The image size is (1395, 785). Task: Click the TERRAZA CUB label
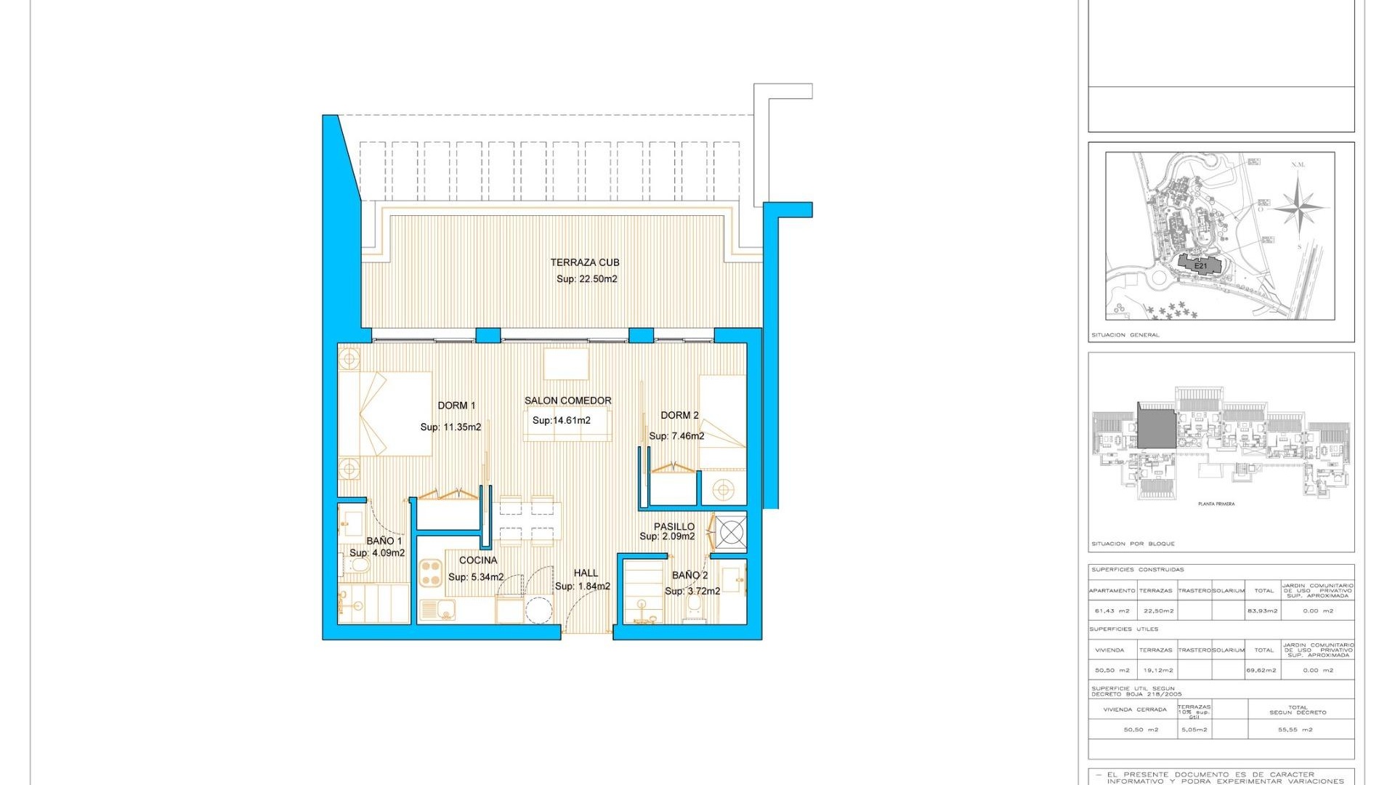coord(584,262)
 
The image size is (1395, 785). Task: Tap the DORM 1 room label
coord(456,406)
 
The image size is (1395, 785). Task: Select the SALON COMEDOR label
coord(567,400)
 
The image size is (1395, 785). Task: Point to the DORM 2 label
coord(679,415)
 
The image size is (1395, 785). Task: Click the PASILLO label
coord(674,526)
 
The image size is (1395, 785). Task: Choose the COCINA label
coord(478,560)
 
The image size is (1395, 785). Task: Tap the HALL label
coord(586,573)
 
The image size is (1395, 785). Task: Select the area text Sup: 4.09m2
coord(377,553)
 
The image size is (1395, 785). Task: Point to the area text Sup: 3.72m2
coord(692,591)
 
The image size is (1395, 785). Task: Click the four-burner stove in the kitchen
coord(432,572)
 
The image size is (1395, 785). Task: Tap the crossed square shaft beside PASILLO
coord(731,533)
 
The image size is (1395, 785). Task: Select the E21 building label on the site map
coord(1200,266)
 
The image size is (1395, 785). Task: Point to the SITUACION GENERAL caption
coord(1125,335)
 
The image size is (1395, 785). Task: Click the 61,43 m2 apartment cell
coord(1112,611)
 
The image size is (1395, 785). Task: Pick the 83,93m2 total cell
coord(1263,611)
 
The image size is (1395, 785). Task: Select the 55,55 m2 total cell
coord(1295,730)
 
